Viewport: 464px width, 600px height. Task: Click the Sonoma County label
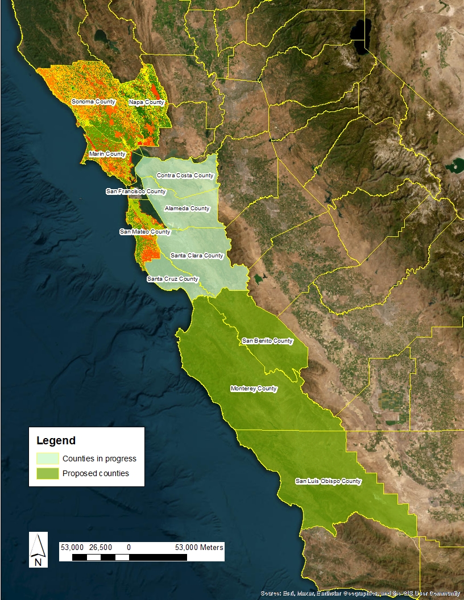pyautogui.click(x=93, y=102)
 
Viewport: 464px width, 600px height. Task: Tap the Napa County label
pyautogui.click(x=146, y=102)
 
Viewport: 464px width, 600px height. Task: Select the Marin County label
pyautogui.click(x=107, y=154)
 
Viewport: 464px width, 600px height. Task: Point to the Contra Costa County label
pyautogui.click(x=185, y=176)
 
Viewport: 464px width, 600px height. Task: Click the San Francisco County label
pyautogui.click(x=136, y=191)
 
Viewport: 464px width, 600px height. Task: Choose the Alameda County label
pyautogui.click(x=187, y=209)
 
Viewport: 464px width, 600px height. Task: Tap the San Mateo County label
pyautogui.click(x=145, y=232)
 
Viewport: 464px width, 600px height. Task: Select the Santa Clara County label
pyautogui.click(x=197, y=256)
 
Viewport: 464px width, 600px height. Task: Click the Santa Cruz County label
pyautogui.click(x=173, y=279)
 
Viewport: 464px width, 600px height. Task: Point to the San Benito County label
pyautogui.click(x=267, y=341)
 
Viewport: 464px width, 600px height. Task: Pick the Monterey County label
pyautogui.click(x=254, y=389)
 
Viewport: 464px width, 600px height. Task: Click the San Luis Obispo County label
pyautogui.click(x=328, y=481)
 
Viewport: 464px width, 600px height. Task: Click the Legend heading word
pyautogui.click(x=56, y=440)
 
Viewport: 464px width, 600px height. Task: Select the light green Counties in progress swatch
pyautogui.click(x=47, y=459)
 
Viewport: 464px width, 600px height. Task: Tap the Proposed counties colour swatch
pyautogui.click(x=47, y=473)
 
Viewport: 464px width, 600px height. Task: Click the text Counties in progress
pyautogui.click(x=100, y=459)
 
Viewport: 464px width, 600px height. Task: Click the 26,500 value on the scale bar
pyautogui.click(x=101, y=547)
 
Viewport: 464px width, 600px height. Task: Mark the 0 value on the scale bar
pyautogui.click(x=129, y=547)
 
